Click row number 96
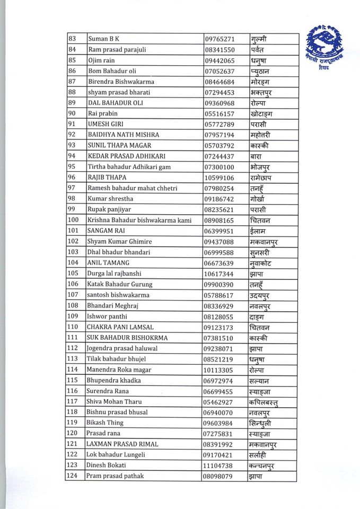(72, 178)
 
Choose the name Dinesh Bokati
(106, 465)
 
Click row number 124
(73, 476)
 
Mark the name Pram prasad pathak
(115, 476)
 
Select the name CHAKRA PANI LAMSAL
(119, 327)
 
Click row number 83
(72, 39)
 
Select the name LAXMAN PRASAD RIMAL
(122, 444)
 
